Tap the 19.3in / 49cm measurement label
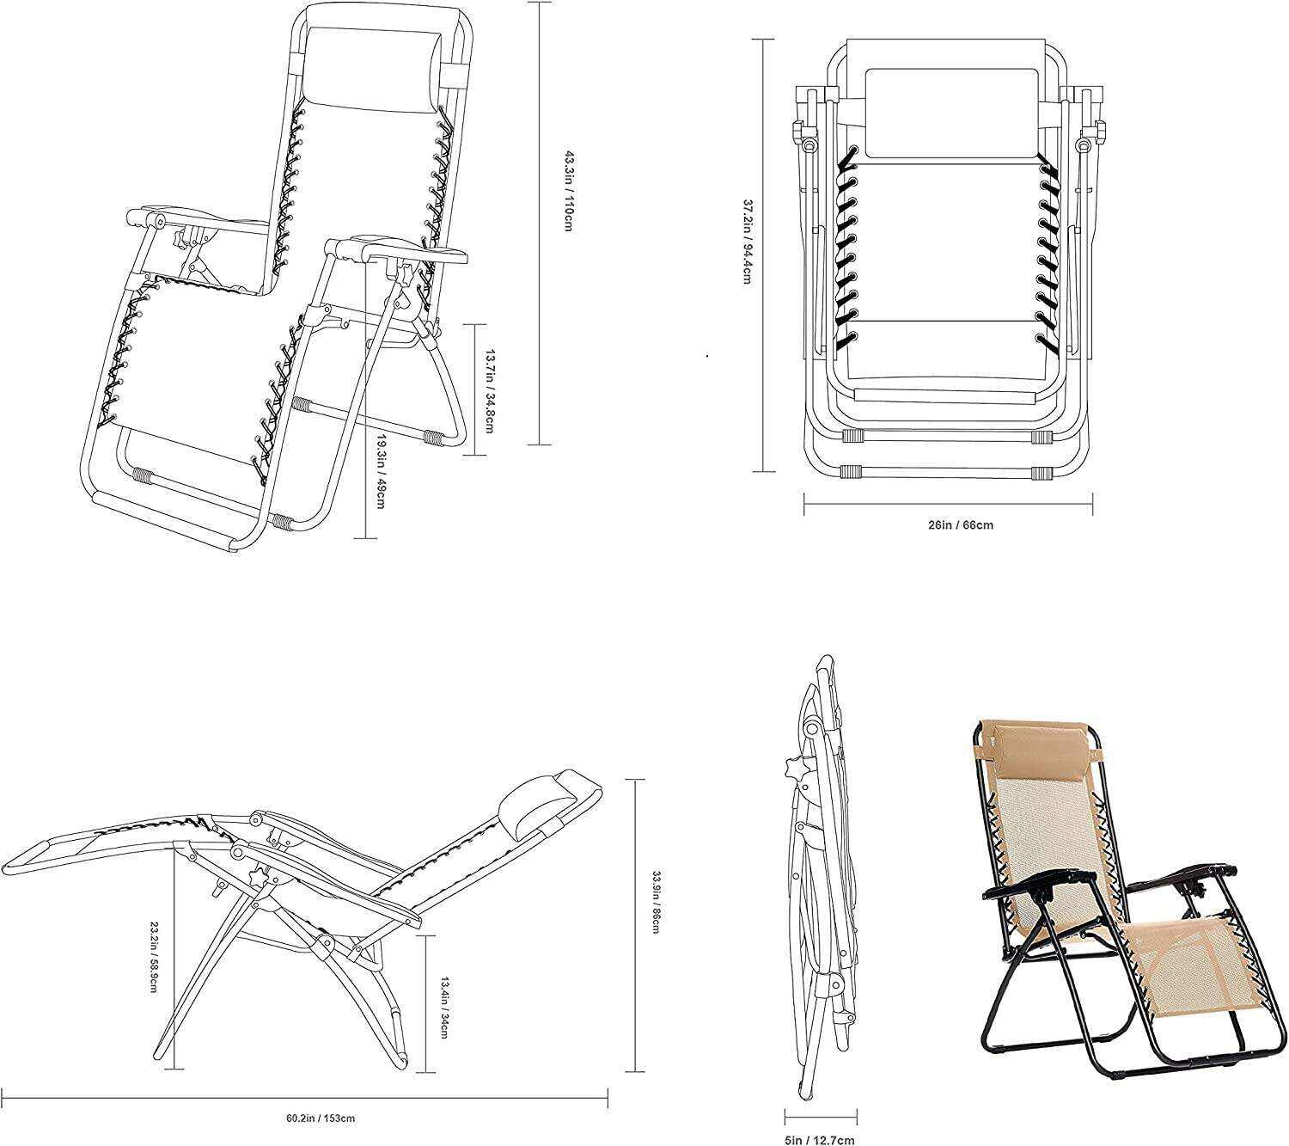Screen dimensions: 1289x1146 click(x=380, y=471)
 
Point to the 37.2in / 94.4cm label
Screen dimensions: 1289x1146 click(x=748, y=242)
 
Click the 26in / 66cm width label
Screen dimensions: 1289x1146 click(x=960, y=525)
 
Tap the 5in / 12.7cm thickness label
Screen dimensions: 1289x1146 click(x=820, y=1139)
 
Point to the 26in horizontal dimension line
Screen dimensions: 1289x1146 click(x=949, y=505)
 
